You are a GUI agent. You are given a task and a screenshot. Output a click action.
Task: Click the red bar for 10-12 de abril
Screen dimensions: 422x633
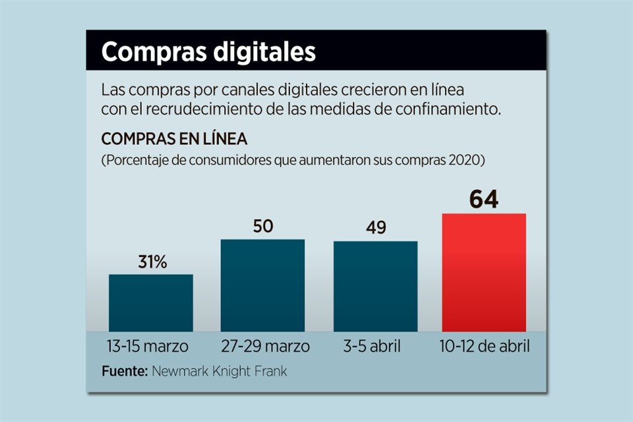[x=484, y=272]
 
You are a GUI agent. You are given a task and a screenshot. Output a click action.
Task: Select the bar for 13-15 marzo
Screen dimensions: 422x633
[x=151, y=303]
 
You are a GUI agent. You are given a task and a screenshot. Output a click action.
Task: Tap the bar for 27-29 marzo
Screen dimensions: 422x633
[x=262, y=285]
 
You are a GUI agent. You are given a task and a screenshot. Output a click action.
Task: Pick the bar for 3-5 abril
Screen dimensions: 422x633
[x=375, y=286]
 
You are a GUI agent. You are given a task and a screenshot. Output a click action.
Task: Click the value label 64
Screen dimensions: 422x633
[x=484, y=199]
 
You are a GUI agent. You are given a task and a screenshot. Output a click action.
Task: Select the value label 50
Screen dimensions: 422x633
[x=262, y=226]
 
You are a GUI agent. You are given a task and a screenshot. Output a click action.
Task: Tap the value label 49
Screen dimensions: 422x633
[x=375, y=228]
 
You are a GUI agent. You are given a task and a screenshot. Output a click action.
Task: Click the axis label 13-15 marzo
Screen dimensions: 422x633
[x=147, y=347]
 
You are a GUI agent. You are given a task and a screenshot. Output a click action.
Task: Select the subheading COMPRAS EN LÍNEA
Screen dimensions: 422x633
[x=174, y=140]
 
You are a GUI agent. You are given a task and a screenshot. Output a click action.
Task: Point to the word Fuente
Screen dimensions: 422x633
[x=125, y=371]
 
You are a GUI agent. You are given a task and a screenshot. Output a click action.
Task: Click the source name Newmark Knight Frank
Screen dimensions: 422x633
[x=220, y=371]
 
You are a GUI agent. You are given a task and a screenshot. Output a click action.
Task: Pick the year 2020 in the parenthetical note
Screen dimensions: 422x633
[x=469, y=160]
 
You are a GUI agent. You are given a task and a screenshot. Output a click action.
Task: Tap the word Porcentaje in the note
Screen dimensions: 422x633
[x=136, y=160]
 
